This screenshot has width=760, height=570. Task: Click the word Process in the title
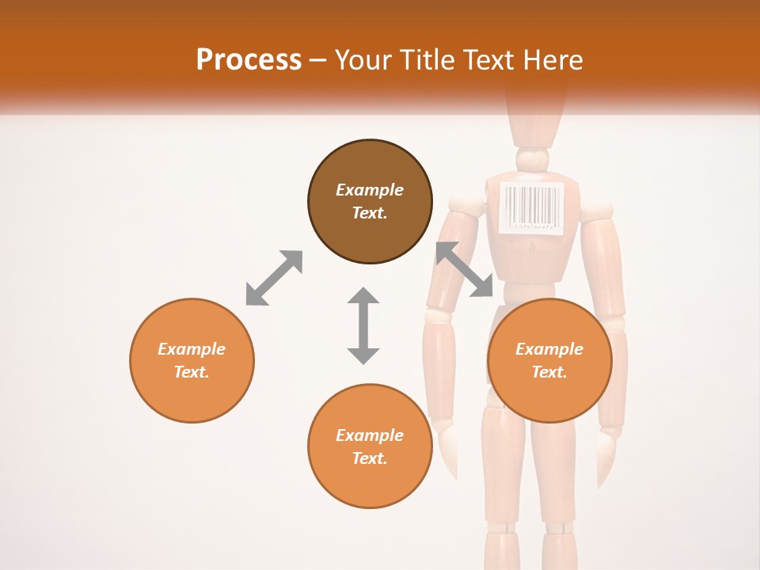point(249,60)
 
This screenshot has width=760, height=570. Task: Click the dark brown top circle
point(370,201)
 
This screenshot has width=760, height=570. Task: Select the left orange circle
point(192,360)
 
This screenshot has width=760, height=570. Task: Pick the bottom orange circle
point(370,446)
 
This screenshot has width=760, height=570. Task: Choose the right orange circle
point(549,360)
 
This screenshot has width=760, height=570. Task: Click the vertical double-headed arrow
point(363,325)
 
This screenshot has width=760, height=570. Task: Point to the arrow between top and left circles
point(274,278)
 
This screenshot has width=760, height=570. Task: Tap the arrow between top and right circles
point(465,270)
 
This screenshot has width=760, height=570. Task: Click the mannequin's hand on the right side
point(606,456)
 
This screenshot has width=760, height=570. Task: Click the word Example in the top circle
point(370,190)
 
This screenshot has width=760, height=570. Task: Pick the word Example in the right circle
point(549,349)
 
